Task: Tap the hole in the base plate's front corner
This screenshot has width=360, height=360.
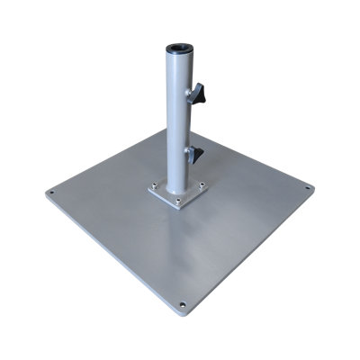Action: click(184, 307)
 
